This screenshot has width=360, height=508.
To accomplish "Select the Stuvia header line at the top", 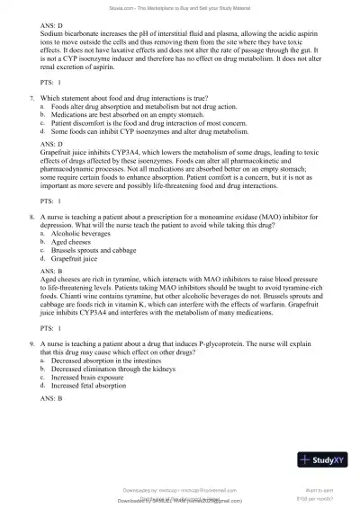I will (x=180, y=4).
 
